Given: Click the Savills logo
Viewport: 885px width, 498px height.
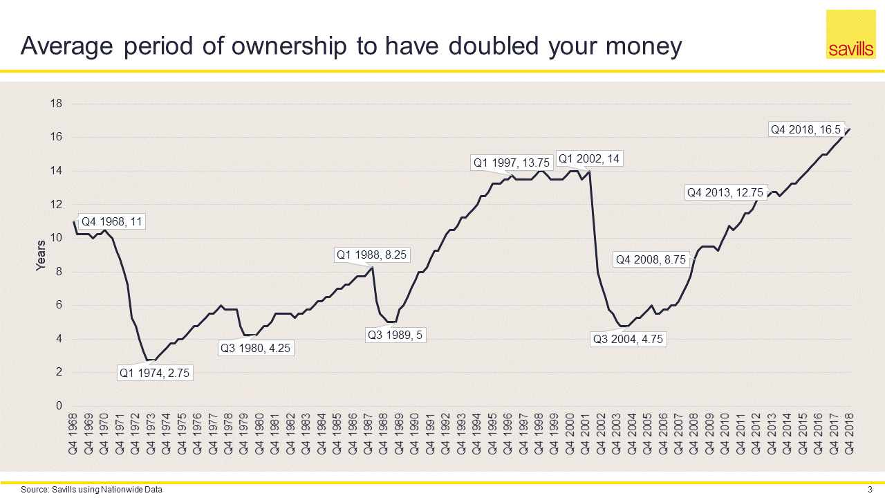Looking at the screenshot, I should [850, 35].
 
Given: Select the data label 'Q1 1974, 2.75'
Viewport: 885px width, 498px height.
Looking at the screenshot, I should [155, 373].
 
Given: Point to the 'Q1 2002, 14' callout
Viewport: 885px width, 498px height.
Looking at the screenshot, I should [588, 158].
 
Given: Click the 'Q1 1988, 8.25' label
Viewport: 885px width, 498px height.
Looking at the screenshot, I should [371, 255].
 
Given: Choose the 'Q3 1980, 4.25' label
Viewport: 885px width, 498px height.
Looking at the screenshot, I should [256, 348].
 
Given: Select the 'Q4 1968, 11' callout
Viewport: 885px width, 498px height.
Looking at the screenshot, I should [113, 222].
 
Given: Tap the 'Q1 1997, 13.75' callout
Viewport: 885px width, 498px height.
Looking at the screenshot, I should [510, 163].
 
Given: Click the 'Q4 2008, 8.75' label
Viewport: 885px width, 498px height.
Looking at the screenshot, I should [651, 259].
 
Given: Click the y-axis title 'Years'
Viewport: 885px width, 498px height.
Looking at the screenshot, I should [41, 255].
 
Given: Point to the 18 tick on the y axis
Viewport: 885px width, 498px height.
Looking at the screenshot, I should [57, 104].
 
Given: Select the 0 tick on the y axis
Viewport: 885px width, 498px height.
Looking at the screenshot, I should [59, 406].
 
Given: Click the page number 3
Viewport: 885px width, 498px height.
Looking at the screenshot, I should [870, 490].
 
